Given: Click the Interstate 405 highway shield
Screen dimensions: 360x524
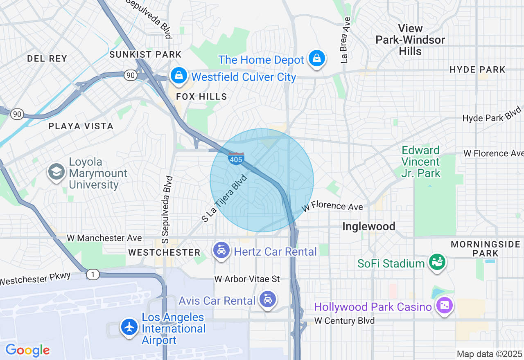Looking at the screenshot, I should [x=236, y=159].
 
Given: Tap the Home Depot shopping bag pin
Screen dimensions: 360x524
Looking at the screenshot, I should [x=317, y=59].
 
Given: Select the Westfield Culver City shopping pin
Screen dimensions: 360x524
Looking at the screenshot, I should [x=179, y=75].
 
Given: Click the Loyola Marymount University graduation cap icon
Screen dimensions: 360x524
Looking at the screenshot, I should [x=56, y=172].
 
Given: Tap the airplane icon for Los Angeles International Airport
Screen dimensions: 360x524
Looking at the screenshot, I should [x=130, y=327].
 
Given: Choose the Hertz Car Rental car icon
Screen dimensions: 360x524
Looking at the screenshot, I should [x=221, y=250].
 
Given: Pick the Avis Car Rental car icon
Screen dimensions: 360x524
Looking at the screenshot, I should [x=268, y=300].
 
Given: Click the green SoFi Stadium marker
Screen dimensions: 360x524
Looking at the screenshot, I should [x=437, y=262].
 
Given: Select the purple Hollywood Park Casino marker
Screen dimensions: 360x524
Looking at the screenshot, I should [x=444, y=305].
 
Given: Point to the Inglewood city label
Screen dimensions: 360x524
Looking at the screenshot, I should [x=368, y=226].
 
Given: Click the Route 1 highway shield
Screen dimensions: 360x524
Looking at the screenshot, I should [x=93, y=275].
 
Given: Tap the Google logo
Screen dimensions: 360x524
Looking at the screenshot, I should [x=28, y=350].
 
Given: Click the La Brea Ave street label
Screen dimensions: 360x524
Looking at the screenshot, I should [x=346, y=40].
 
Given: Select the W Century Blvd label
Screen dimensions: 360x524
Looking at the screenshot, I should [x=344, y=321].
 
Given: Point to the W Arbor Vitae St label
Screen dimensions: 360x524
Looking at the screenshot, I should [x=247, y=279].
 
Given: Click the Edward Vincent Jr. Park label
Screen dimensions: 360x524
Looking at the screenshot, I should [x=420, y=162].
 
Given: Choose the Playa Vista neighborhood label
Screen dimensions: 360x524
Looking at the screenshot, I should [x=81, y=126].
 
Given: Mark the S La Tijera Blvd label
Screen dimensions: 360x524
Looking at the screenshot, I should [x=225, y=198].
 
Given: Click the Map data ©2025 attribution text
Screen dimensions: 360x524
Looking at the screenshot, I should [x=489, y=354].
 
